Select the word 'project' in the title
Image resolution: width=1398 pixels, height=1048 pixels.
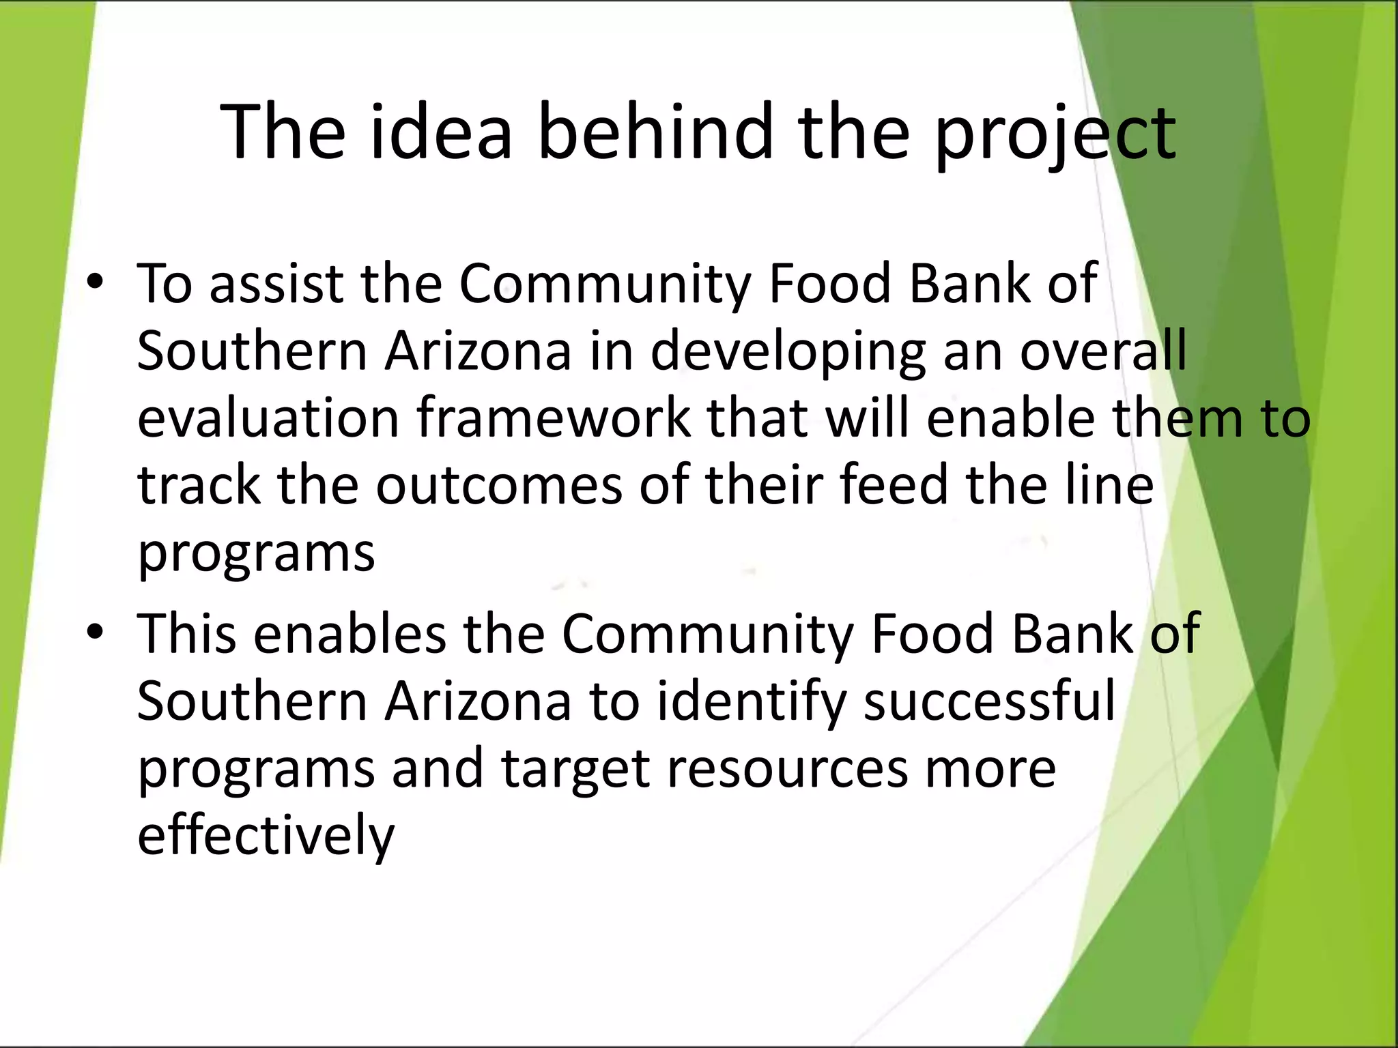coord(1055,134)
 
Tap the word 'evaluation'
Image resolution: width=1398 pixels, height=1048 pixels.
coord(268,418)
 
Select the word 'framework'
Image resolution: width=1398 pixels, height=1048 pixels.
coord(554,418)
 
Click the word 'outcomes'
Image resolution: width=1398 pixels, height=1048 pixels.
coord(499,484)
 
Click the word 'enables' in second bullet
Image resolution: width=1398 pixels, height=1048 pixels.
coord(349,633)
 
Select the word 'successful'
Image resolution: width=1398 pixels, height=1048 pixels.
coord(989,701)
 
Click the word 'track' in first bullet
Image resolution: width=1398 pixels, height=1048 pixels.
coord(199,484)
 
